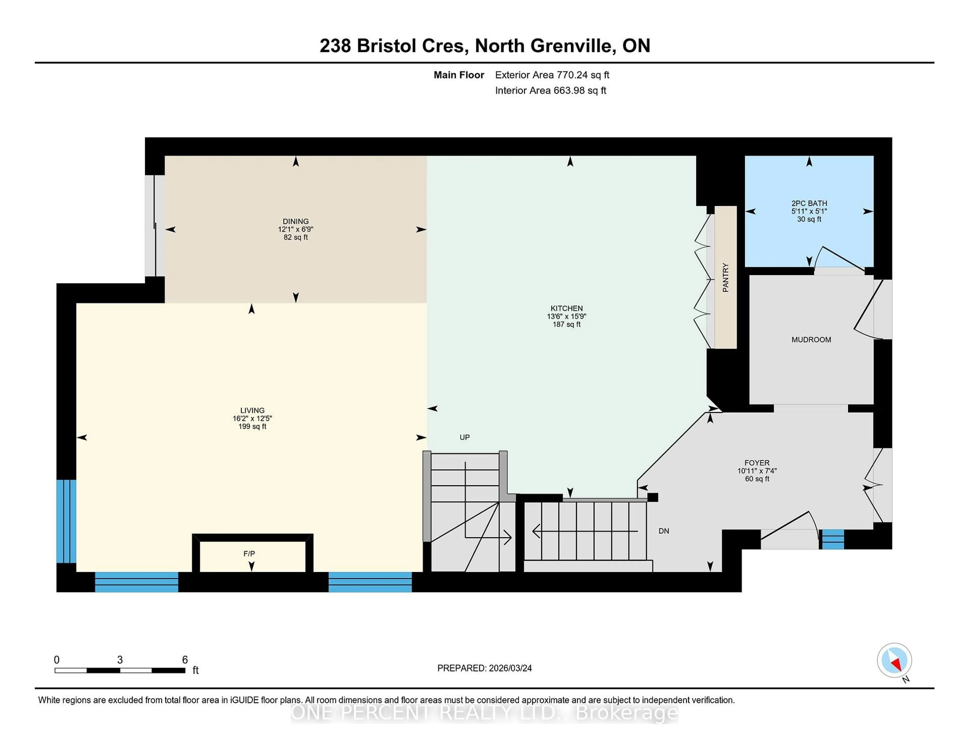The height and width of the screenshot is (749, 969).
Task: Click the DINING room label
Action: pyautogui.click(x=295, y=221)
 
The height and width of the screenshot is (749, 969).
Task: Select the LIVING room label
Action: pyautogui.click(x=252, y=410)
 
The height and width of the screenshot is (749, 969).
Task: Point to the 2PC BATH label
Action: pyautogui.click(x=809, y=203)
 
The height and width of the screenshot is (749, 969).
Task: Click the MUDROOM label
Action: pyautogui.click(x=811, y=339)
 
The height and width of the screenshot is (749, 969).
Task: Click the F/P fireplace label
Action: pyautogui.click(x=249, y=553)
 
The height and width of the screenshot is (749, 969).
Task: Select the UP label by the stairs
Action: pyautogui.click(x=465, y=437)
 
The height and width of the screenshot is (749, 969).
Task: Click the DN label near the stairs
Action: pyautogui.click(x=664, y=531)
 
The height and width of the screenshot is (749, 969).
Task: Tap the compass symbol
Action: pyautogui.click(x=894, y=660)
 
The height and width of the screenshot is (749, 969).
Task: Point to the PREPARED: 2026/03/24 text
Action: pyautogui.click(x=484, y=668)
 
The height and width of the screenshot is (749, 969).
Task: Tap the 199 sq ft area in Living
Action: pyautogui.click(x=252, y=426)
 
